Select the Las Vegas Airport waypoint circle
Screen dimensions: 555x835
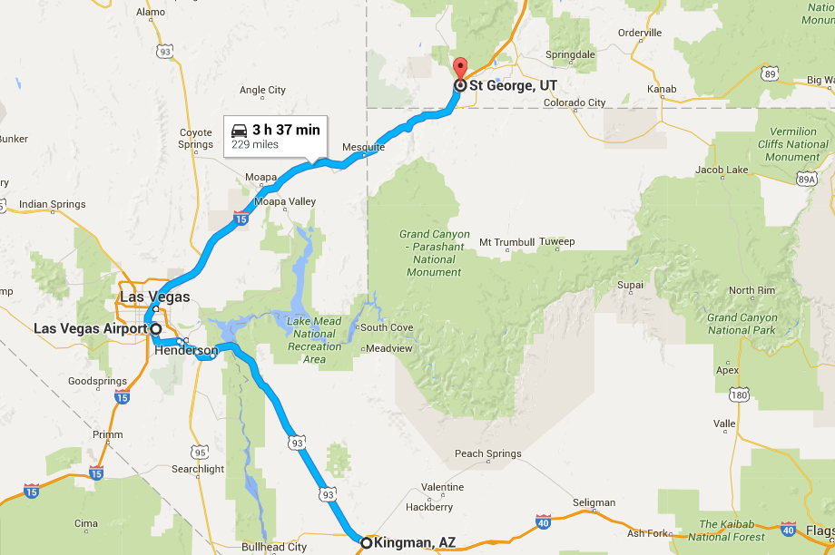(156, 328)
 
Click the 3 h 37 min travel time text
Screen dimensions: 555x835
(286, 130)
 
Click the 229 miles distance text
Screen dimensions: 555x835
(255, 144)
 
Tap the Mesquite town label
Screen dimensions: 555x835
(363, 147)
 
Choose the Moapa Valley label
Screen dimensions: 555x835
(285, 201)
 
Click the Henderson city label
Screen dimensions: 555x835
(186, 350)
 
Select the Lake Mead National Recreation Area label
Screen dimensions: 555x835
(314, 340)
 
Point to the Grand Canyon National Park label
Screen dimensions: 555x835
(742, 324)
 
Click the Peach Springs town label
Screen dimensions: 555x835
(488, 453)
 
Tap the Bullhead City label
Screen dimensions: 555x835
(274, 547)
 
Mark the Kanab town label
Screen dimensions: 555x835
(662, 89)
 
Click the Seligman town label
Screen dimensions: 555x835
(594, 502)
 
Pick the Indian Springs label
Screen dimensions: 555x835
(53, 204)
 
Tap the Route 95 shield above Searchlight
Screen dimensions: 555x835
(200, 452)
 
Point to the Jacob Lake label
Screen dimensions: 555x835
(722, 170)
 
